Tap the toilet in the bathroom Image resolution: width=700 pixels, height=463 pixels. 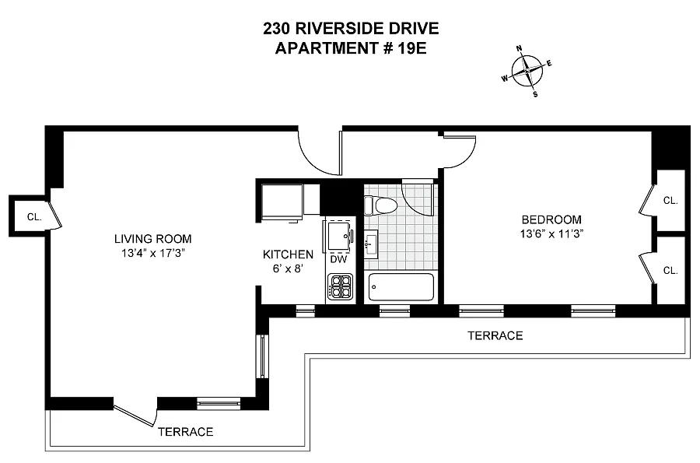click(383, 205)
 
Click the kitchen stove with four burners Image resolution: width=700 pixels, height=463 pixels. click(341, 288)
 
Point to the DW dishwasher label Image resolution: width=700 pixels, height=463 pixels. click(338, 260)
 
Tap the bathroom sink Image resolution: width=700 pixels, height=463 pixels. click(371, 244)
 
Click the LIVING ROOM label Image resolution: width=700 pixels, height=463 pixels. click(152, 239)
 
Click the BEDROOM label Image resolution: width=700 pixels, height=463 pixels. click(551, 219)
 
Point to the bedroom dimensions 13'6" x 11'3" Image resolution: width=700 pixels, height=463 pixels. click(551, 233)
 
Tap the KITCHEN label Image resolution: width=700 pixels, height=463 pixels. click(288, 254)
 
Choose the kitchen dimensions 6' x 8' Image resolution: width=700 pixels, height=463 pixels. click(288, 268)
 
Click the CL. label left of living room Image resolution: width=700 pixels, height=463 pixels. click(33, 217)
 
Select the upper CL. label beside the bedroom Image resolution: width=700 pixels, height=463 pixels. click(670, 201)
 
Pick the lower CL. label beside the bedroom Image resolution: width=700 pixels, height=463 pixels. click(670, 271)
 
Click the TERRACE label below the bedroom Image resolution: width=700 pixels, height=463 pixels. click(495, 335)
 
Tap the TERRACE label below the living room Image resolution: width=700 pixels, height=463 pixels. click(185, 431)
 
